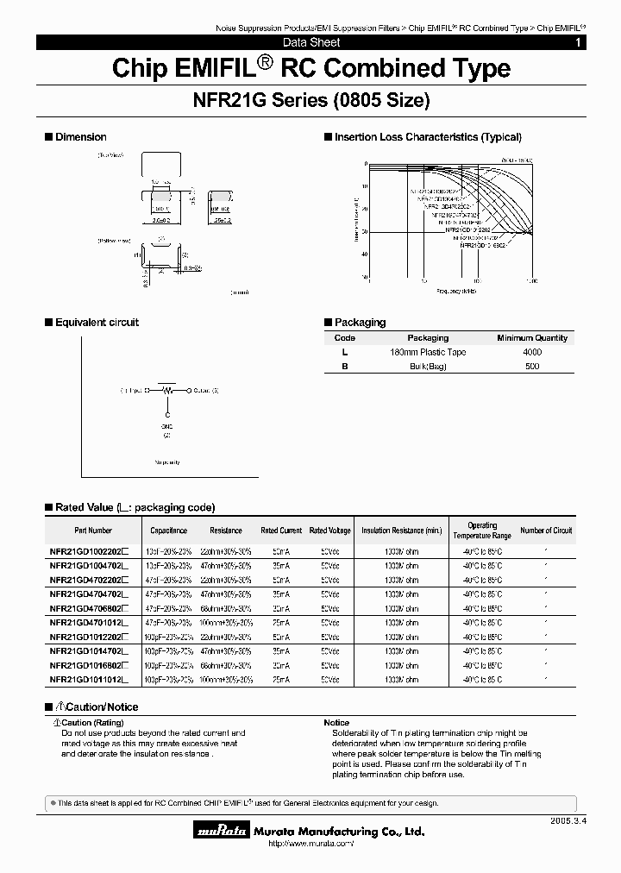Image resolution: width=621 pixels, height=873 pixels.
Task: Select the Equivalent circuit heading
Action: click(97, 323)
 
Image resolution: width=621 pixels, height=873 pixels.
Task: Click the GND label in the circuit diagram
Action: click(167, 425)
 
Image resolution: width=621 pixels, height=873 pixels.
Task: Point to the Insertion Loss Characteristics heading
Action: click(428, 137)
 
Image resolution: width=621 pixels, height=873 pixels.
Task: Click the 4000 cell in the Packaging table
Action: click(532, 352)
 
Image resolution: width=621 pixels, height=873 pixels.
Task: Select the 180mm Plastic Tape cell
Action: click(428, 352)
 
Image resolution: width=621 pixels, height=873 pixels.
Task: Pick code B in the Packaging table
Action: click(344, 367)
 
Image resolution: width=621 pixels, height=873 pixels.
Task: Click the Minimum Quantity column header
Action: click(532, 338)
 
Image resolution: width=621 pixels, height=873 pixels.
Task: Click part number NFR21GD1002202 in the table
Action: click(88, 550)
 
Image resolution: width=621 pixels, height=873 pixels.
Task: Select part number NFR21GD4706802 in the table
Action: click(88, 608)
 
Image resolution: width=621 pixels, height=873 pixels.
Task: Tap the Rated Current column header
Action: click(281, 531)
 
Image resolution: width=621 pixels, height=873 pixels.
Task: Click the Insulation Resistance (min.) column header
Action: click(402, 531)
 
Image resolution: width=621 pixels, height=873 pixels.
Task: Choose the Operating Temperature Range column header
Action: click(482, 531)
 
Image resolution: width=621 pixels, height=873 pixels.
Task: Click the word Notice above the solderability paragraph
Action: click(336, 722)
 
